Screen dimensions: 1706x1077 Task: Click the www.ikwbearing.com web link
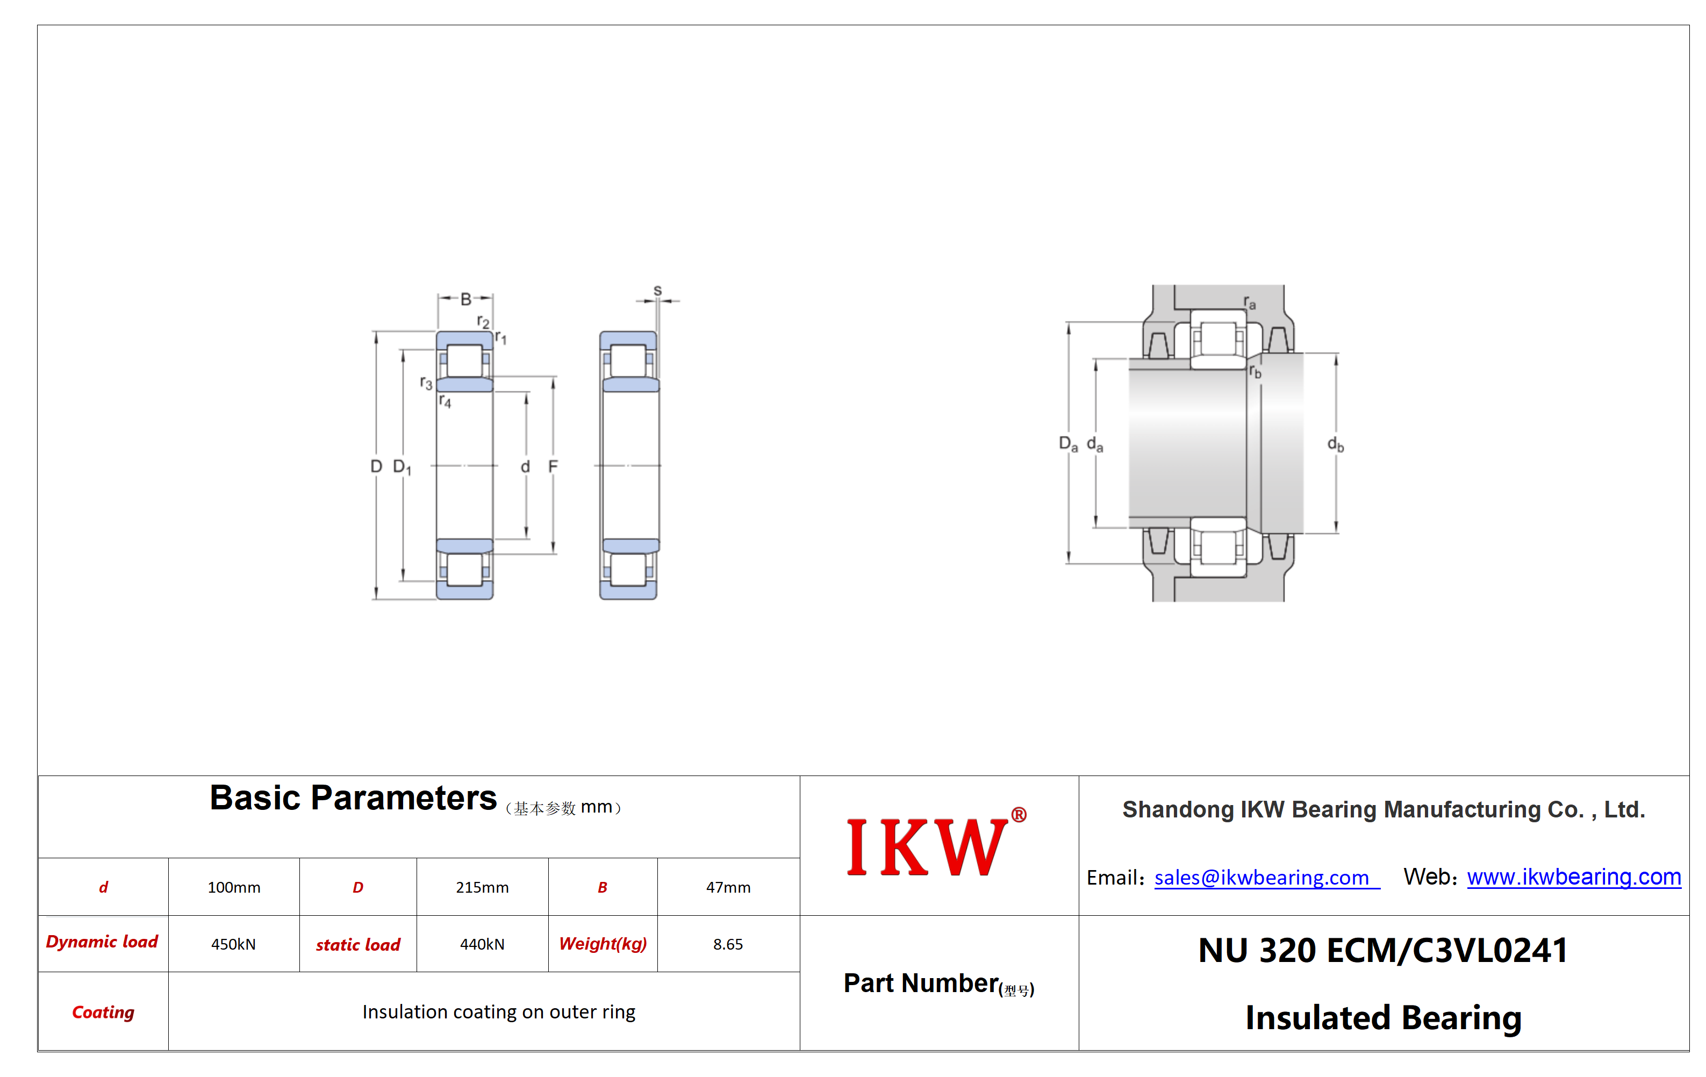[x=1574, y=877]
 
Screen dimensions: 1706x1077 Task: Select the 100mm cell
[x=234, y=887]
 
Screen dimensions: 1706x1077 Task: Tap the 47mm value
[x=728, y=887]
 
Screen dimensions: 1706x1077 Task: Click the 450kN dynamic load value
[x=233, y=944]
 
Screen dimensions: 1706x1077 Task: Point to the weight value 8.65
[x=728, y=944]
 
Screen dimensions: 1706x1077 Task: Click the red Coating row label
[x=103, y=1012]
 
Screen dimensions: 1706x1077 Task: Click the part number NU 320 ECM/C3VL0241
[x=1383, y=950]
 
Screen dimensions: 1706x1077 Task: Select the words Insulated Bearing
[x=1384, y=1017]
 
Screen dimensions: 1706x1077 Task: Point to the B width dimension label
[x=465, y=299]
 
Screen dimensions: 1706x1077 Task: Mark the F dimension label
[x=553, y=466]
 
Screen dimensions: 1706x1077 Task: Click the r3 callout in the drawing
[x=426, y=383]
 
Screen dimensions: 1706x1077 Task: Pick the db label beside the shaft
[x=1336, y=444]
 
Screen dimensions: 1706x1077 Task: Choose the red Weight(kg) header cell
[x=603, y=944]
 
